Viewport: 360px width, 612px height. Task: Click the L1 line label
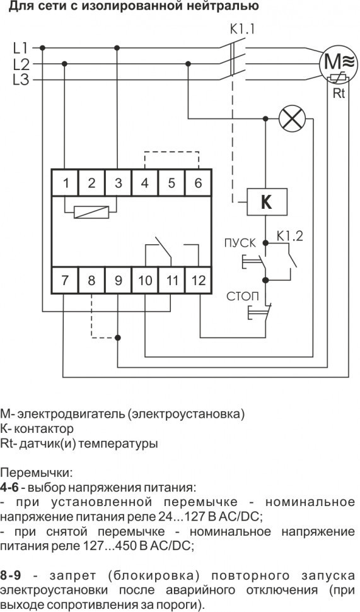[x=21, y=47]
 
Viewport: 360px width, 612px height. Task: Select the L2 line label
[x=21, y=63]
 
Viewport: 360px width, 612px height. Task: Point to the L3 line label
[x=21, y=79]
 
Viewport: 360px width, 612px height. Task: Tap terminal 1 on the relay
[x=65, y=184]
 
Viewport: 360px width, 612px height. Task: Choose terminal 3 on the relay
[x=118, y=184]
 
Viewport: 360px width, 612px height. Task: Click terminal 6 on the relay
[x=198, y=184]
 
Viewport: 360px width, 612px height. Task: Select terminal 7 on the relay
[x=65, y=280]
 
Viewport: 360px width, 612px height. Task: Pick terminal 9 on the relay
[x=118, y=280]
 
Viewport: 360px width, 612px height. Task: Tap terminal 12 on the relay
[x=198, y=280]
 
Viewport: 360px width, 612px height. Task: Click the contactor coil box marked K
[x=267, y=202]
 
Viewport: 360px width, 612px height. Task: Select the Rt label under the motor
[x=339, y=95]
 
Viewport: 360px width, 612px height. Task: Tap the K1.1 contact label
[x=243, y=29]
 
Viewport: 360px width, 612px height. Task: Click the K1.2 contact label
[x=289, y=237]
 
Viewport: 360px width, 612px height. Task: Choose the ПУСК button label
[x=240, y=243]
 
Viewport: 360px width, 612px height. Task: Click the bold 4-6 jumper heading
[x=10, y=487]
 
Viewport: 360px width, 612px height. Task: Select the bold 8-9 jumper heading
[x=12, y=576]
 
